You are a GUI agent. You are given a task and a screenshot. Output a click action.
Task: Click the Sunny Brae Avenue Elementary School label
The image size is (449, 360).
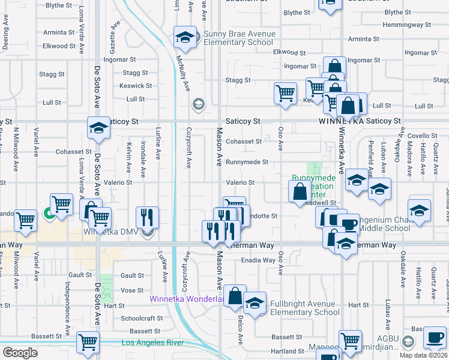239,38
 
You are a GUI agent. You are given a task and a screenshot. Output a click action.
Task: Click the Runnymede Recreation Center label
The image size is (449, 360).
313,186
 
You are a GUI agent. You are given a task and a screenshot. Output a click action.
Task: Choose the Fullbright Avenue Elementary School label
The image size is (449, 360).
304,308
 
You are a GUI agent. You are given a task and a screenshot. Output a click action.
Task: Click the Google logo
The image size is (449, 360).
20,352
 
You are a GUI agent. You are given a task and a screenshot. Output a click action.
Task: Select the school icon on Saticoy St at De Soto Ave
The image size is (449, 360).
98,127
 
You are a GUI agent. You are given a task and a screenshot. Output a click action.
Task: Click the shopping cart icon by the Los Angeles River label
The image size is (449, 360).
88,343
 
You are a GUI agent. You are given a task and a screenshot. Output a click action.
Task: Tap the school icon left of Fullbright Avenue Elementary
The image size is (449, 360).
255,303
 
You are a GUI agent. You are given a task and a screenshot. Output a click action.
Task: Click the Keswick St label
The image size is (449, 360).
132,86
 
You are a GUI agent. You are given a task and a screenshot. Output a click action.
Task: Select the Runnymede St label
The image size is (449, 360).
247,162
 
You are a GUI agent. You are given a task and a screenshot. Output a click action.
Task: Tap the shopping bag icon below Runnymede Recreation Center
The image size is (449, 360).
300,192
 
